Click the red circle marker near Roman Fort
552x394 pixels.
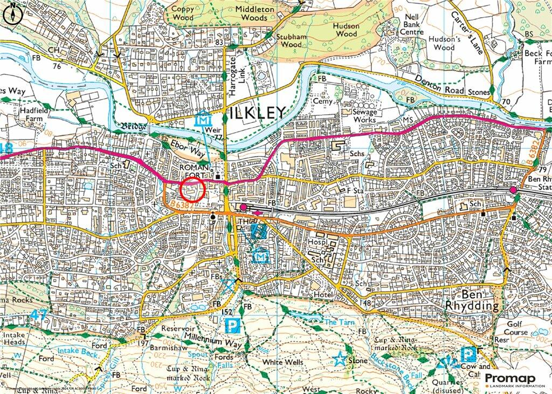coord(192,190)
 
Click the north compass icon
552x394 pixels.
coord(12,14)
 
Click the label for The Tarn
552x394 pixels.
coord(337,321)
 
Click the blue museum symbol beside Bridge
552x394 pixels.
coord(203,121)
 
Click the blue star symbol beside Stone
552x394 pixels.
coord(340,358)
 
